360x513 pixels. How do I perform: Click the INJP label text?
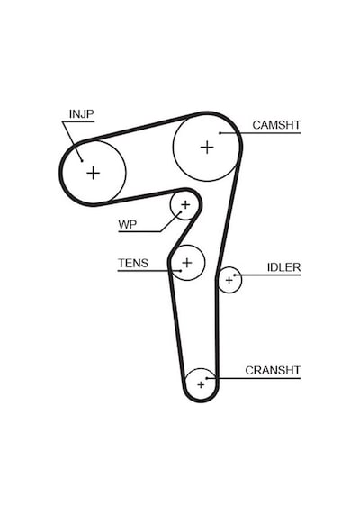click(82, 114)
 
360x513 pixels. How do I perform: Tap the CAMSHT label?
click(276, 125)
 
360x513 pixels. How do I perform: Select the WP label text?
click(127, 225)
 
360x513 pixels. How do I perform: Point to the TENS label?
click(133, 263)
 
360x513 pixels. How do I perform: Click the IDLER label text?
click(283, 267)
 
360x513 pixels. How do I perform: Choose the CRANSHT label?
click(273, 371)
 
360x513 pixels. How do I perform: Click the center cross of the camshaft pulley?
click(207, 148)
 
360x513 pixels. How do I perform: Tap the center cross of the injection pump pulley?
click(94, 173)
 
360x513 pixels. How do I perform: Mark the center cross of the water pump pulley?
click(185, 205)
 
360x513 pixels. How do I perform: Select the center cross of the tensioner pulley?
click(187, 263)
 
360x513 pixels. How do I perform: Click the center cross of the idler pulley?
click(229, 281)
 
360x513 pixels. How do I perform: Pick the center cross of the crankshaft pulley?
click(201, 385)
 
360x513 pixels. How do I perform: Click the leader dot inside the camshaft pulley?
click(220, 133)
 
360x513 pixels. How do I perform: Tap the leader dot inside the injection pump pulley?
click(82, 160)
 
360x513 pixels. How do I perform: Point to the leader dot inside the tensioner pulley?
click(181, 271)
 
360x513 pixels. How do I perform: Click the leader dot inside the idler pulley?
click(235, 274)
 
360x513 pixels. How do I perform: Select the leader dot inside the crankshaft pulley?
click(207, 378)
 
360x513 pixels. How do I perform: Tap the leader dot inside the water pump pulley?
click(181, 212)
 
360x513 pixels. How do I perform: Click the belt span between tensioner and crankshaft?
click(176, 328)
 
